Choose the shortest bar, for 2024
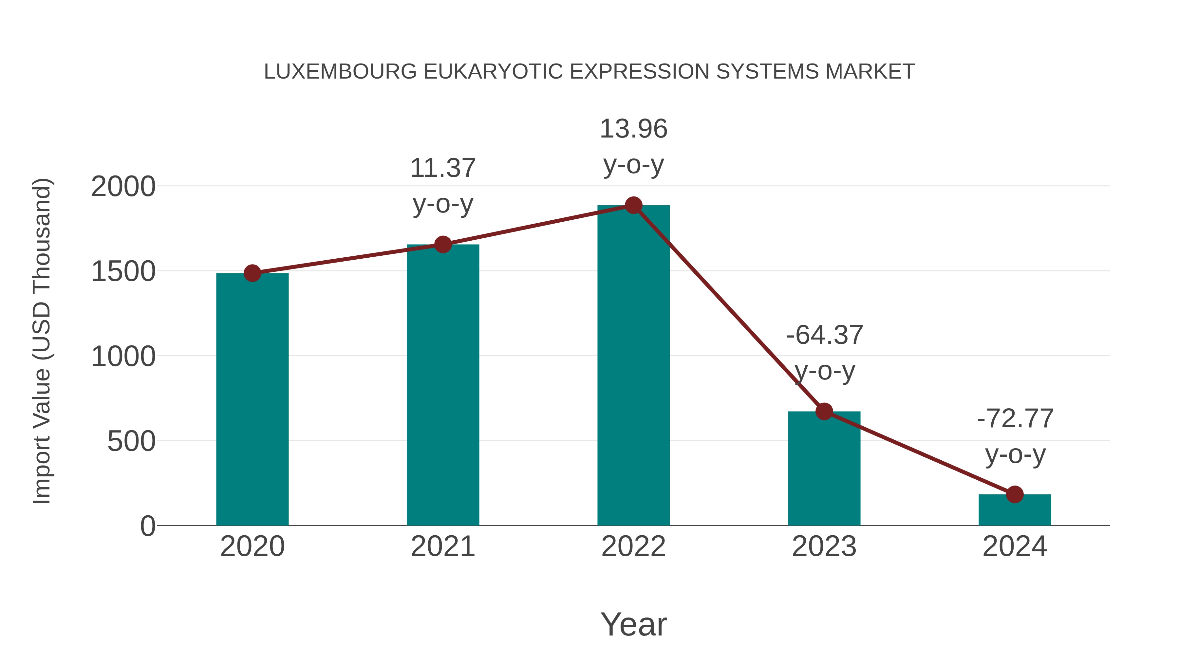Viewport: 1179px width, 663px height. tap(1014, 510)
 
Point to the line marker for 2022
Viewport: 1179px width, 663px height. tap(633, 205)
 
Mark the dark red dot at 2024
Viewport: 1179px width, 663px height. tap(1015, 494)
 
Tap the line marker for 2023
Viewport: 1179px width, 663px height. tap(824, 411)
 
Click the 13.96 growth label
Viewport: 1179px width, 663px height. tap(633, 129)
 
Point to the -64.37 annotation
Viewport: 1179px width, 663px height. tap(824, 335)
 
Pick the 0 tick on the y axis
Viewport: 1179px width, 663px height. tap(148, 526)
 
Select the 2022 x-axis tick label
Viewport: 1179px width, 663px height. tap(633, 546)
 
